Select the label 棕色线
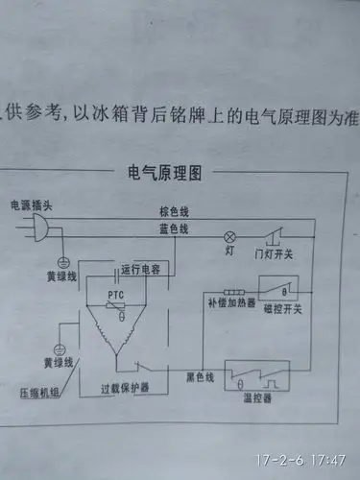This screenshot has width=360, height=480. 174,210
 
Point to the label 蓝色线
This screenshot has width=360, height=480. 174,228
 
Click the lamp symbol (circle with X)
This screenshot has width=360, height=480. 229,235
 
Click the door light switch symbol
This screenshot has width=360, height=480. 275,233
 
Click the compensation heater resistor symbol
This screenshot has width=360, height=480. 230,292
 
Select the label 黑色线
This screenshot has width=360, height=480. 204,376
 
